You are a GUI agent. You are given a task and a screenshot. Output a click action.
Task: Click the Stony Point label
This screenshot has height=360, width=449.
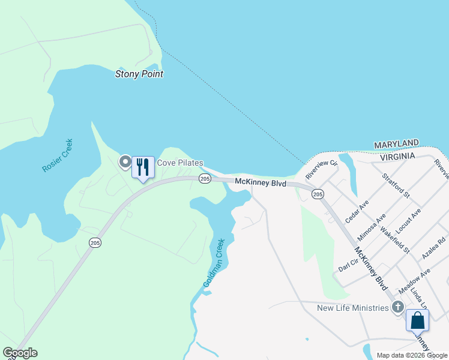tap(139, 74)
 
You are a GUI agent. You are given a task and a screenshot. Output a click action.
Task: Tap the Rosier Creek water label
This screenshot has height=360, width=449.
tap(58, 156)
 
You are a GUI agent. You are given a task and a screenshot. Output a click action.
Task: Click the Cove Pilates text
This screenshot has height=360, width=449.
tap(180, 163)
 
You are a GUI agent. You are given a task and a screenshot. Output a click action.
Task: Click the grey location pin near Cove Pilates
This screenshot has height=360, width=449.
tap(125, 162)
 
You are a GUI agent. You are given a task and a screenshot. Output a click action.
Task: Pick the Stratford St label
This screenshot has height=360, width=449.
tap(396, 186)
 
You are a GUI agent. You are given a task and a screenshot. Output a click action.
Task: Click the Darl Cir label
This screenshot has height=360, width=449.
tap(348, 264)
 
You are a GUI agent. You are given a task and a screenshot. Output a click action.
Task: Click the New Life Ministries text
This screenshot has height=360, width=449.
tap(353, 308)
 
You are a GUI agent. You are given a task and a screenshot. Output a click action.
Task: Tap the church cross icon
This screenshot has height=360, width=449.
tap(397, 308)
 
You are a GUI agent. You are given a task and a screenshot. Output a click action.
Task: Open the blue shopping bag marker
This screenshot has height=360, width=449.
tap(418, 320)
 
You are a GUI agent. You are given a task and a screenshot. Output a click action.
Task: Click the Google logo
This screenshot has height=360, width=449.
tap(20, 353)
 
